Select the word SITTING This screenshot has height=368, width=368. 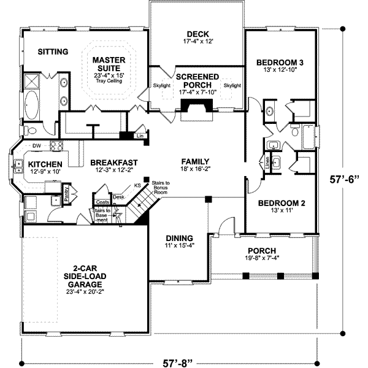pyautogui.click(x=52, y=52)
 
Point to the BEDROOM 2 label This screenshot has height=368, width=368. pyautogui.click(x=279, y=203)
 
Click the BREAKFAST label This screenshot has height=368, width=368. pyautogui.click(x=113, y=163)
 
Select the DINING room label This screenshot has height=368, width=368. pyautogui.click(x=179, y=238)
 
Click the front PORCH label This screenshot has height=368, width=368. pyautogui.click(x=261, y=250)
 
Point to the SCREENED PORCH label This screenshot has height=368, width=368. pyautogui.click(x=197, y=80)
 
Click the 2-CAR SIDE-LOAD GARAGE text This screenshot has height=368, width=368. pyautogui.click(x=83, y=280)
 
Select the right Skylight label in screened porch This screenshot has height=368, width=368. pyautogui.click(x=232, y=86)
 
